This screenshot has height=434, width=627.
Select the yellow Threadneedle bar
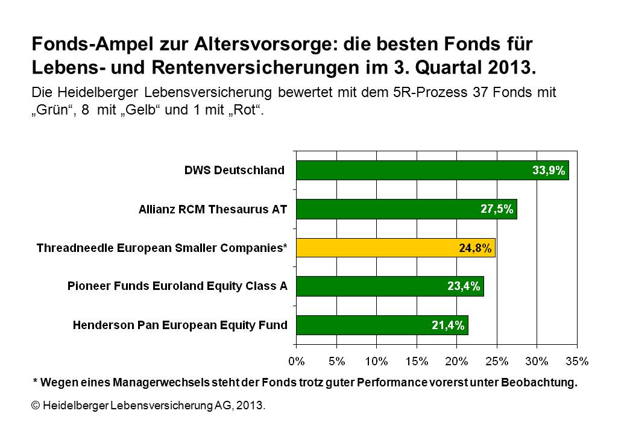[x=395, y=247]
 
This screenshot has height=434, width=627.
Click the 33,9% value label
[x=549, y=171]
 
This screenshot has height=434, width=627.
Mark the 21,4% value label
[x=448, y=325]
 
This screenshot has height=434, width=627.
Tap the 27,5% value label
[x=497, y=209]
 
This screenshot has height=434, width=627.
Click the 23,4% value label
[x=464, y=287]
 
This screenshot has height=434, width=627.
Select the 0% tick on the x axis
[x=297, y=361]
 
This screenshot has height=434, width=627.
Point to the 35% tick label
[x=576, y=361]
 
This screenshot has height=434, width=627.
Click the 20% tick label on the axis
[x=456, y=361]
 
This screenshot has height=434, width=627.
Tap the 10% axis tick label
[x=376, y=361]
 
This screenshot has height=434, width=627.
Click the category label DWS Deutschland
[x=234, y=171]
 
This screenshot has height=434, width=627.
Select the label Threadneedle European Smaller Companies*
[x=162, y=248]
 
